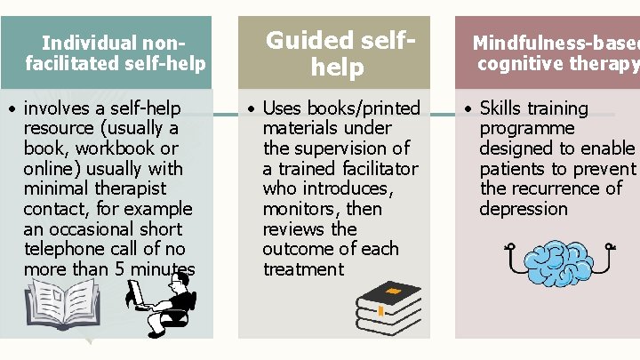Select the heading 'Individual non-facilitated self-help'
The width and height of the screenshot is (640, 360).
[116, 52]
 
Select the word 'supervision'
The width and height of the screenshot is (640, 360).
[342, 148]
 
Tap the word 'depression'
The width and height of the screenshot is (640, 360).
[523, 209]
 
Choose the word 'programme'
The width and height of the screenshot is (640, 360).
[527, 128]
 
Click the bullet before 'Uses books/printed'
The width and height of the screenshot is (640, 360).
[252, 109]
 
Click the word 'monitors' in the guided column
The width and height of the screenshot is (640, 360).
[299, 209]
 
